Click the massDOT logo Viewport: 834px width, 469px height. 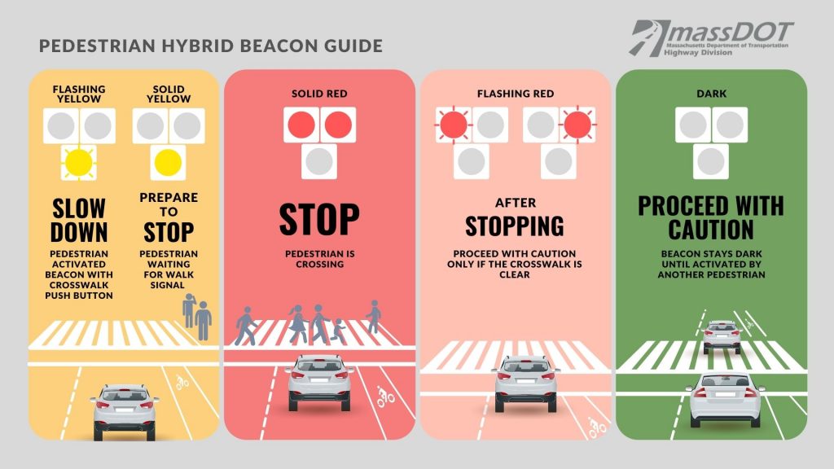click(711, 38)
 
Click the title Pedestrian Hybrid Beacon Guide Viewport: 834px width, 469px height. click(211, 46)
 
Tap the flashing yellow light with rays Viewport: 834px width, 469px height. click(79, 163)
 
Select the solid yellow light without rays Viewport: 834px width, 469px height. click(168, 163)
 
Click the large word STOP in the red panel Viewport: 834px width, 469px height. click(319, 219)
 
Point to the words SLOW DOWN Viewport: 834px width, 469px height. click(79, 220)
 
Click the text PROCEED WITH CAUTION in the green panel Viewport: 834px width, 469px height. click(711, 217)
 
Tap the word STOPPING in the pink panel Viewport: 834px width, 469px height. click(515, 226)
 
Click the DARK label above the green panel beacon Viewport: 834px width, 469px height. click(711, 94)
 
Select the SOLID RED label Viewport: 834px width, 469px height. click(319, 94)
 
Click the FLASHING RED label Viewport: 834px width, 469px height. click(516, 94)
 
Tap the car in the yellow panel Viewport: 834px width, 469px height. click(125, 411)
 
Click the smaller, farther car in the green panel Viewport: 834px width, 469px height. click(722, 336)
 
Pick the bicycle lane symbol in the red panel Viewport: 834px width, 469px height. click(385, 397)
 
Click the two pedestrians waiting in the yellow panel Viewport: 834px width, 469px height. click(197, 317)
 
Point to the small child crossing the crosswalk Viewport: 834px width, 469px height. click(337, 331)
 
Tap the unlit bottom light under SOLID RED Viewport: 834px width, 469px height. click(319, 162)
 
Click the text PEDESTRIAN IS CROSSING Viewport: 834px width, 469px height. click(319, 259)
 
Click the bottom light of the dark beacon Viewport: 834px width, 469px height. click(711, 162)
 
